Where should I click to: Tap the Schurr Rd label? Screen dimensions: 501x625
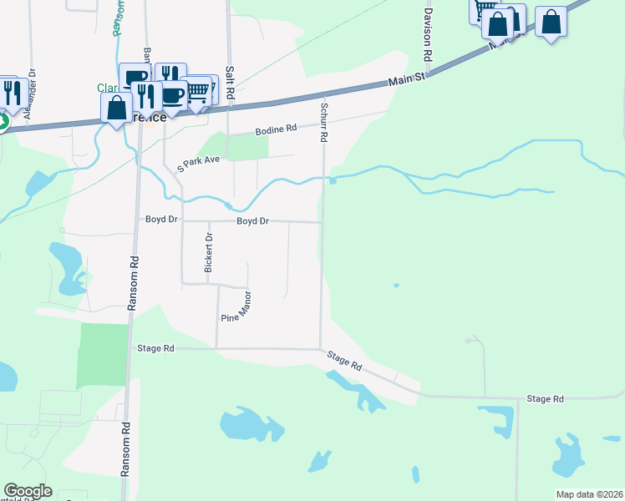(x=323, y=121)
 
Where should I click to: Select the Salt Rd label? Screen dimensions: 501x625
(x=228, y=84)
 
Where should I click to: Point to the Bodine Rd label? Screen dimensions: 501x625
(x=276, y=129)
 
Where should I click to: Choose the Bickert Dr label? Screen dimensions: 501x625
(x=209, y=252)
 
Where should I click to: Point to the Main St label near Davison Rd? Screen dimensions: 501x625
(x=408, y=79)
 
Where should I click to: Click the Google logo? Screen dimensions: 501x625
(x=28, y=491)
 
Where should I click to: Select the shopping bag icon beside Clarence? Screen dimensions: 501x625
(x=116, y=108)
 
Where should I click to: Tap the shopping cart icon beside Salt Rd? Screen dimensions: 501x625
(x=196, y=92)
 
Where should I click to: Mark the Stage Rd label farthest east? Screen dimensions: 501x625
(x=546, y=399)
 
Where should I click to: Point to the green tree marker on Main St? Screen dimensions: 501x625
(x=2, y=122)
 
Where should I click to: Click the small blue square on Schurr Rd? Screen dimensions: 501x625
(x=333, y=180)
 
